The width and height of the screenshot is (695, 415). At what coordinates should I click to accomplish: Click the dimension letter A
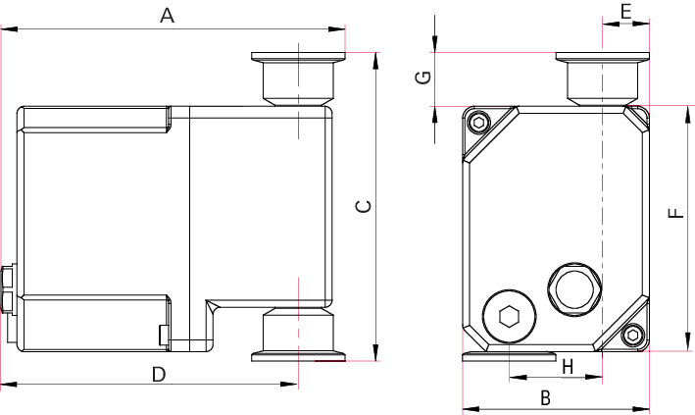click(x=167, y=16)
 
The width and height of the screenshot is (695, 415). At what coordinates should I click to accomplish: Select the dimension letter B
click(x=547, y=397)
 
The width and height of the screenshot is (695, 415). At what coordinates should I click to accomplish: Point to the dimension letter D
click(x=159, y=373)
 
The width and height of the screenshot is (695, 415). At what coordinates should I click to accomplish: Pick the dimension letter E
click(x=625, y=11)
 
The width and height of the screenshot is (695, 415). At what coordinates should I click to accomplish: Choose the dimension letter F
click(x=675, y=214)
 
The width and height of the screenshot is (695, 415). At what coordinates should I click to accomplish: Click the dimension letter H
click(x=567, y=367)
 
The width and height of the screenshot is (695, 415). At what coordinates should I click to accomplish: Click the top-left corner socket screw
click(x=478, y=123)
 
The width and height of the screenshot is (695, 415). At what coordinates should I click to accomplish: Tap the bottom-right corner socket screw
click(x=632, y=337)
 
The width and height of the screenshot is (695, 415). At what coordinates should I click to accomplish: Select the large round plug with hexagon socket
click(x=509, y=316)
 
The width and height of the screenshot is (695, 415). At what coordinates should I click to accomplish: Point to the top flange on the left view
click(x=298, y=58)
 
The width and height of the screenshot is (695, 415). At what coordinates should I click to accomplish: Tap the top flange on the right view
click(x=602, y=58)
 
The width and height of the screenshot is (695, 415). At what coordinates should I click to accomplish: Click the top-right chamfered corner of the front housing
click(x=637, y=118)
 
